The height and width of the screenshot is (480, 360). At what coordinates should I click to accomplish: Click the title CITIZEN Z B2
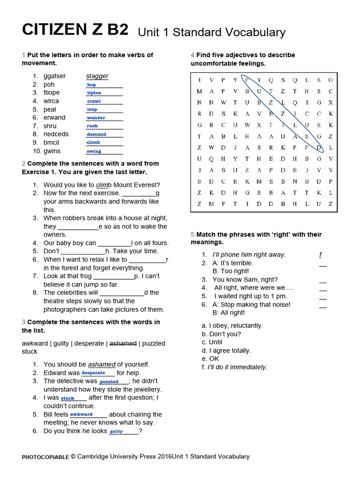pos(75,30)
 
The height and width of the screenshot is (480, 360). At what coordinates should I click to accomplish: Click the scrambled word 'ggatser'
pos(54,76)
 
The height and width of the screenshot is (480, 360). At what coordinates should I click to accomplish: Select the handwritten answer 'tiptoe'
pos(94,93)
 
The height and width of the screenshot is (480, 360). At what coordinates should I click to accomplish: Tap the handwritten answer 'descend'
pos(96,134)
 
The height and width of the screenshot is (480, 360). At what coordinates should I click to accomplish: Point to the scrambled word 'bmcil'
pos(51,142)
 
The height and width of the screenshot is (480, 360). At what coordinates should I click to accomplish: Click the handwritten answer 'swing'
pos(94,151)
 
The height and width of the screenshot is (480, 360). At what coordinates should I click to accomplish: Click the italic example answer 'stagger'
pos(97,76)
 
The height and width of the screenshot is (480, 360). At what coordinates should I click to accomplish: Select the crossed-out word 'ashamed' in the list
pos(123,344)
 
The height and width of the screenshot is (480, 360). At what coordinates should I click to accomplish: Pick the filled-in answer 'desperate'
pos(93,373)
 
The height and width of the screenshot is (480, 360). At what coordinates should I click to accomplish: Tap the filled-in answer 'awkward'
pos(82,414)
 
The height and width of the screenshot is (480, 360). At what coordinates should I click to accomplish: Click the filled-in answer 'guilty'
pos(116,431)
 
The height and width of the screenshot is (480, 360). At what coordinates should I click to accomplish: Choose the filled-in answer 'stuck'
pos(67,398)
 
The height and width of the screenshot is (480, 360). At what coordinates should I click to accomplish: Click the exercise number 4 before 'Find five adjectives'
pos(193,55)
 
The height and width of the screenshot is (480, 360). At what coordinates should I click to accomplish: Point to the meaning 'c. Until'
pos(212,342)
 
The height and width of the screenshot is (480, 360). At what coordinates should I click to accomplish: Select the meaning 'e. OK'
pos(210,359)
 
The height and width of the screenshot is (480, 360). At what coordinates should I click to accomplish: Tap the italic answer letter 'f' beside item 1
pos(320,255)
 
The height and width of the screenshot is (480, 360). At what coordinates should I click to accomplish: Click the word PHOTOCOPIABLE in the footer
pos(45,457)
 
